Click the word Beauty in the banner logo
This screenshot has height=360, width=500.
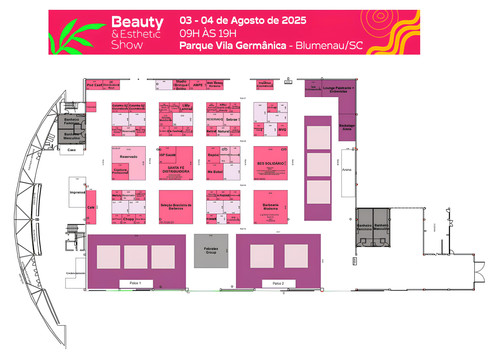pyautogui.click(x=129, y=21)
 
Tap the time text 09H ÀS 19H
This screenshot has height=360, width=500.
pyautogui.click(x=202, y=33)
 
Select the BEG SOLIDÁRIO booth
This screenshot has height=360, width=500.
pyautogui.click(x=271, y=162)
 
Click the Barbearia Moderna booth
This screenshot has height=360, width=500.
pyautogui.click(x=271, y=206)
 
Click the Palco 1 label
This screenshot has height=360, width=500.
pyautogui.click(x=136, y=285)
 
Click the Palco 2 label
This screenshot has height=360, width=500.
pyautogui.click(x=278, y=285)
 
